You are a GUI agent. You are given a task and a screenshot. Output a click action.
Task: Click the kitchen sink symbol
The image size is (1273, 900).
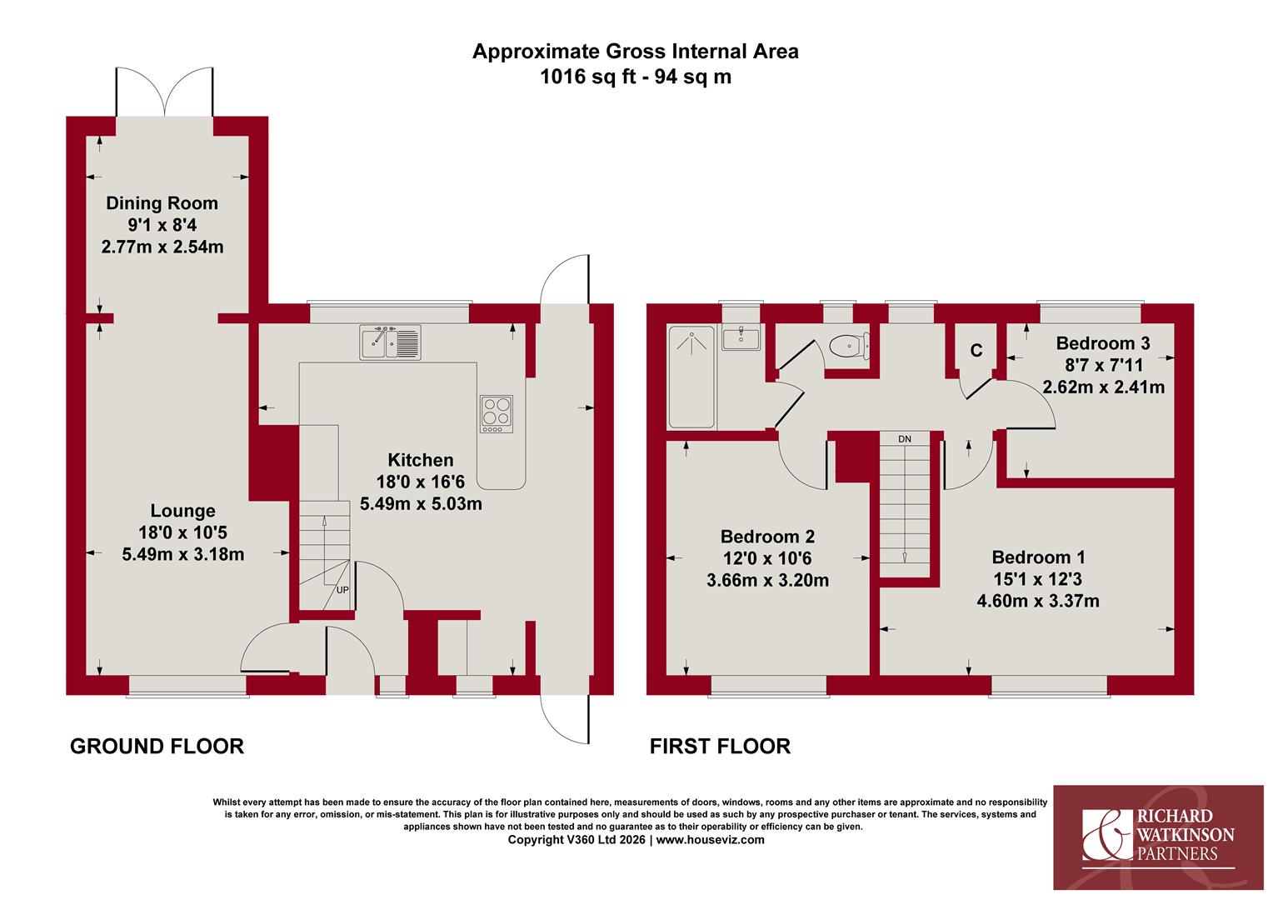[x=390, y=342]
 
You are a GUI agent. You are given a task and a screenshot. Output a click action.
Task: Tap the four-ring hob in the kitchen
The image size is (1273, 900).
[x=497, y=414]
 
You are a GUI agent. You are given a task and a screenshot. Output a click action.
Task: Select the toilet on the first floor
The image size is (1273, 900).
[x=849, y=346]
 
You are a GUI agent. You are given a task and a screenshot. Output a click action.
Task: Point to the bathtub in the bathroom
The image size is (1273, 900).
[x=691, y=377]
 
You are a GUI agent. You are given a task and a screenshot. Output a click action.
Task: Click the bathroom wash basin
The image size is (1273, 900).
[x=741, y=338]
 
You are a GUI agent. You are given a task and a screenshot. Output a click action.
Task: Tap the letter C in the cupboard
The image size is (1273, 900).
[x=976, y=351]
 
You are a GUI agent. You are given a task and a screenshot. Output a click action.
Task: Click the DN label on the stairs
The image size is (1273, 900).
[x=905, y=439]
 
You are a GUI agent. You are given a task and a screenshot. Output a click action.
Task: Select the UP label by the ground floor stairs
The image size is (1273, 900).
[x=342, y=590]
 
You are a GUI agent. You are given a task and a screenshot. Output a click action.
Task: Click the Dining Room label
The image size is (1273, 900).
[x=162, y=203]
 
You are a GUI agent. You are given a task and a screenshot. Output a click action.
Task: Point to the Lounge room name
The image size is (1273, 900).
[x=182, y=511]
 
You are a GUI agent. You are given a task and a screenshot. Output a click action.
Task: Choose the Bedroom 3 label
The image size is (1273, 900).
[x=1103, y=342]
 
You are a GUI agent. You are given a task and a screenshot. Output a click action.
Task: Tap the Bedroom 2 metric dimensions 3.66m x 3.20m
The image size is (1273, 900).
[x=767, y=581]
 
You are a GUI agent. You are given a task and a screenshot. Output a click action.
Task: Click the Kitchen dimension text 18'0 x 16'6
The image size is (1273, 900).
[x=421, y=482]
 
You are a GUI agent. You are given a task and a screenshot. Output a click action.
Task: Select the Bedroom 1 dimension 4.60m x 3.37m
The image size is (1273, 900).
[x=1038, y=601]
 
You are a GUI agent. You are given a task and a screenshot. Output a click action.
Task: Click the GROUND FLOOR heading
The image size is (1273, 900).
[x=157, y=747]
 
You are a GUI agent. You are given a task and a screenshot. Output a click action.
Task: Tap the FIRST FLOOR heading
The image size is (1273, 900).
[x=720, y=747]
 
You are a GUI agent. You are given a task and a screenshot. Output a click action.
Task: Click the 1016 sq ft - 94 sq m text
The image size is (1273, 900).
[x=636, y=77]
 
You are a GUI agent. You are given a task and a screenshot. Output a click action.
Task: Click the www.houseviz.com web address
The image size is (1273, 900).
[x=710, y=840]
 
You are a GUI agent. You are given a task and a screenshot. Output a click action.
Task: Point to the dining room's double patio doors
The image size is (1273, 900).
[x=165, y=92]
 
